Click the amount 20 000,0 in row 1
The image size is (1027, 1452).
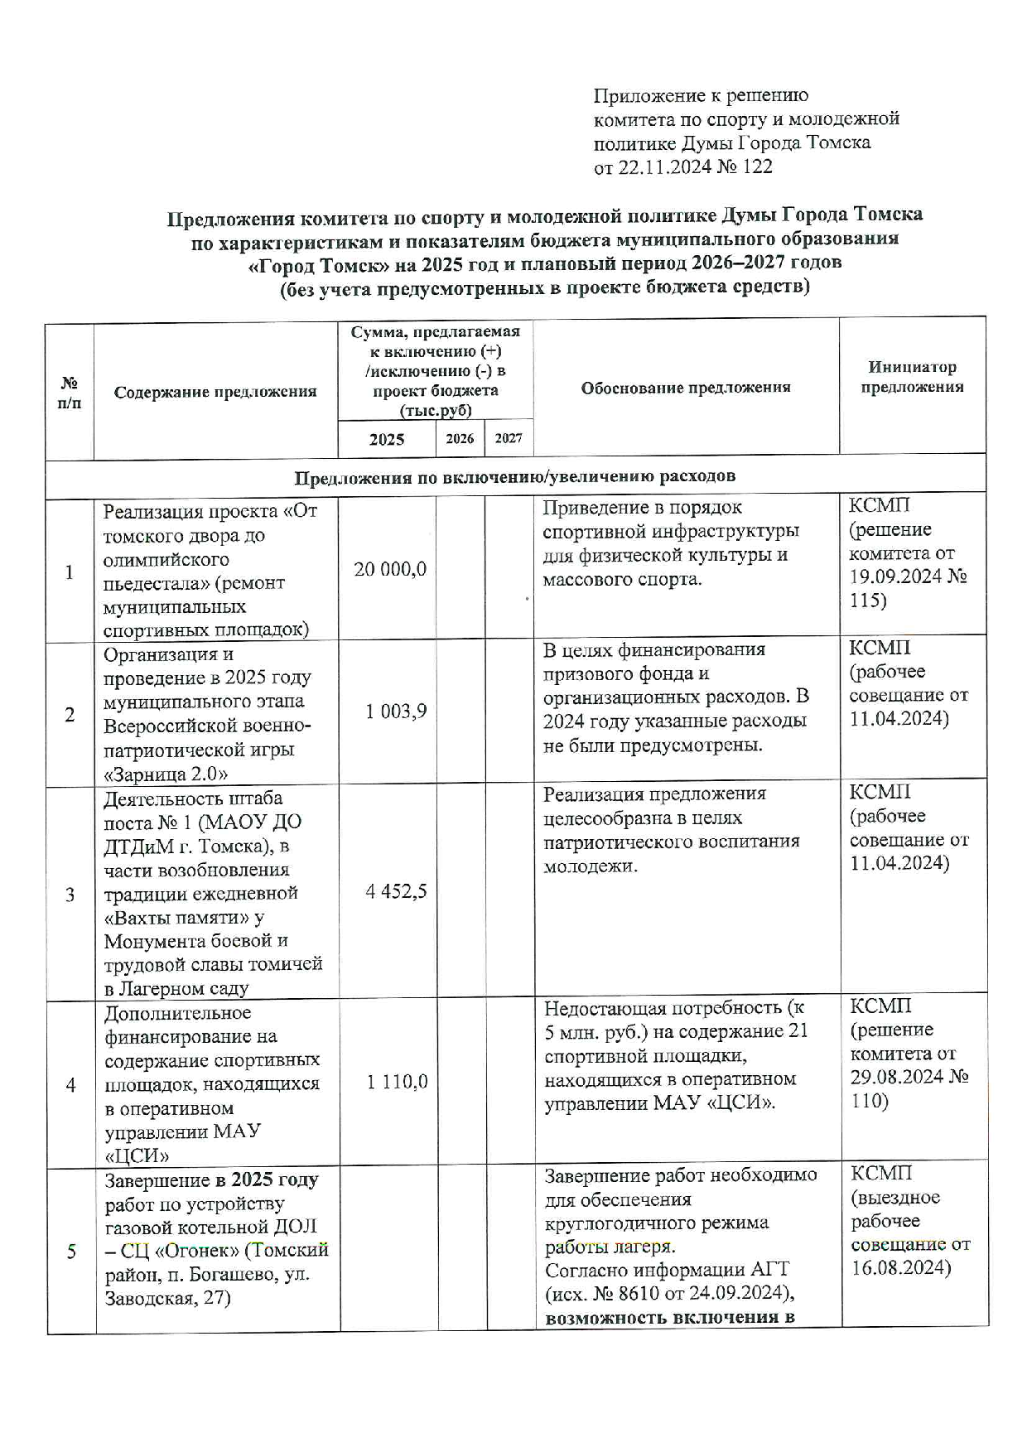tap(390, 569)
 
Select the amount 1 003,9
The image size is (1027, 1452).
tap(396, 712)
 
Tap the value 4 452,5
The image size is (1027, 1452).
tap(396, 891)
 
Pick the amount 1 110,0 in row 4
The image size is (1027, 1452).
tap(397, 1082)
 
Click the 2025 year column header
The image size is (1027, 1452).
tap(387, 439)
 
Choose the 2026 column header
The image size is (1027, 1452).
tap(460, 438)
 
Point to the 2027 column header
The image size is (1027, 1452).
tap(509, 438)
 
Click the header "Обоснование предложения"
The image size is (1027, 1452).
tap(685, 387)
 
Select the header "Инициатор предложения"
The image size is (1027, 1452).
tap(912, 377)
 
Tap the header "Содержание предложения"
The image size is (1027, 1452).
tap(215, 392)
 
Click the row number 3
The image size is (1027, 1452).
tap(70, 895)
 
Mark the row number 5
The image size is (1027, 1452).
tap(71, 1251)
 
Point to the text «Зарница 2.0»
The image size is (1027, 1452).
tap(166, 774)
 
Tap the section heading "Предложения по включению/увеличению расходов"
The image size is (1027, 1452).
tap(514, 477)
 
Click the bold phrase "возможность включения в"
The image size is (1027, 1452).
tap(670, 1318)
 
